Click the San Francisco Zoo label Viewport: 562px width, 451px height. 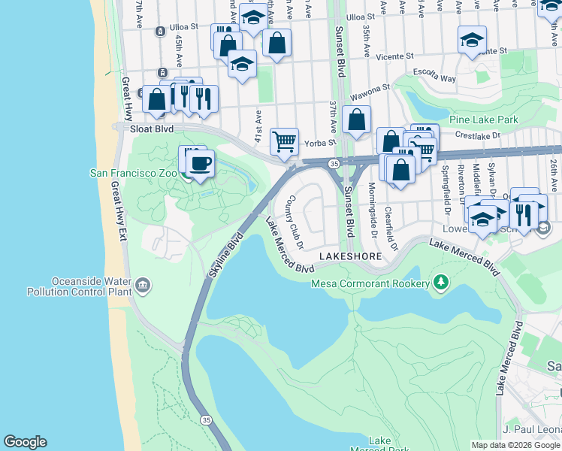point(132,173)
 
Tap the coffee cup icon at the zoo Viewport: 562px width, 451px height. point(200,163)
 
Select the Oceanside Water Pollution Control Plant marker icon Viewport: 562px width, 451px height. point(143,285)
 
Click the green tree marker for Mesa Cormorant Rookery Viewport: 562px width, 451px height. point(442,283)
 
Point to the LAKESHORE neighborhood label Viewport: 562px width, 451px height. point(350,257)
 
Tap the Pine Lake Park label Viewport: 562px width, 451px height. point(484,120)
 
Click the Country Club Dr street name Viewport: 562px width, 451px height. point(294,222)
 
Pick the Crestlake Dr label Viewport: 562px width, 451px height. point(481,135)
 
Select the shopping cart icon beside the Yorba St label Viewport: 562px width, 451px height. point(284,141)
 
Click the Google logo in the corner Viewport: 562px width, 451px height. point(25,442)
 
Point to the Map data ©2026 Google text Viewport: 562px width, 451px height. point(515,445)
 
